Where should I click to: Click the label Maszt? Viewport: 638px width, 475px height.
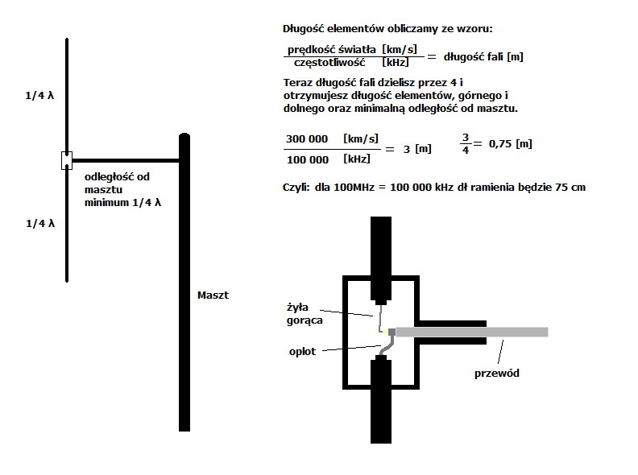(x=213, y=295)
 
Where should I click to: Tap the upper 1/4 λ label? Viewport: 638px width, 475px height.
(x=39, y=96)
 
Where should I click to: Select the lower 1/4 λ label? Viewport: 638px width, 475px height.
(x=40, y=223)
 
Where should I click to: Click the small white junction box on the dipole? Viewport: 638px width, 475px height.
(x=67, y=160)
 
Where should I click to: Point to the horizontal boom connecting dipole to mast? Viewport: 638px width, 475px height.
(x=126, y=161)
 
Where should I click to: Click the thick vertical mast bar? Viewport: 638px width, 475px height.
(x=184, y=283)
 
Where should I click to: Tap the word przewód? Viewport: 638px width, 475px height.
(x=497, y=374)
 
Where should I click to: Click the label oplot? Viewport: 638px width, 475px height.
(x=302, y=351)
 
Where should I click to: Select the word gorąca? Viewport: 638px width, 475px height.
(x=304, y=320)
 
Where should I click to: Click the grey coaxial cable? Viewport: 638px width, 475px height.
(x=471, y=332)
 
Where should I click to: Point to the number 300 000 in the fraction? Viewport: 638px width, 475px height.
(x=307, y=139)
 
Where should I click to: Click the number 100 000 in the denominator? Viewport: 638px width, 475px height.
(x=308, y=160)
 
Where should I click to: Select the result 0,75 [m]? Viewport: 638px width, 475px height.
(x=511, y=144)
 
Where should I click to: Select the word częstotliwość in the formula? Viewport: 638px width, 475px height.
(x=329, y=63)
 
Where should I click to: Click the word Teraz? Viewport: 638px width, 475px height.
(x=298, y=83)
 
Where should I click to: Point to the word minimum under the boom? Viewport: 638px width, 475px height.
(x=106, y=203)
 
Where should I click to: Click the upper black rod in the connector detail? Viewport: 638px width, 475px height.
(x=381, y=260)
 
